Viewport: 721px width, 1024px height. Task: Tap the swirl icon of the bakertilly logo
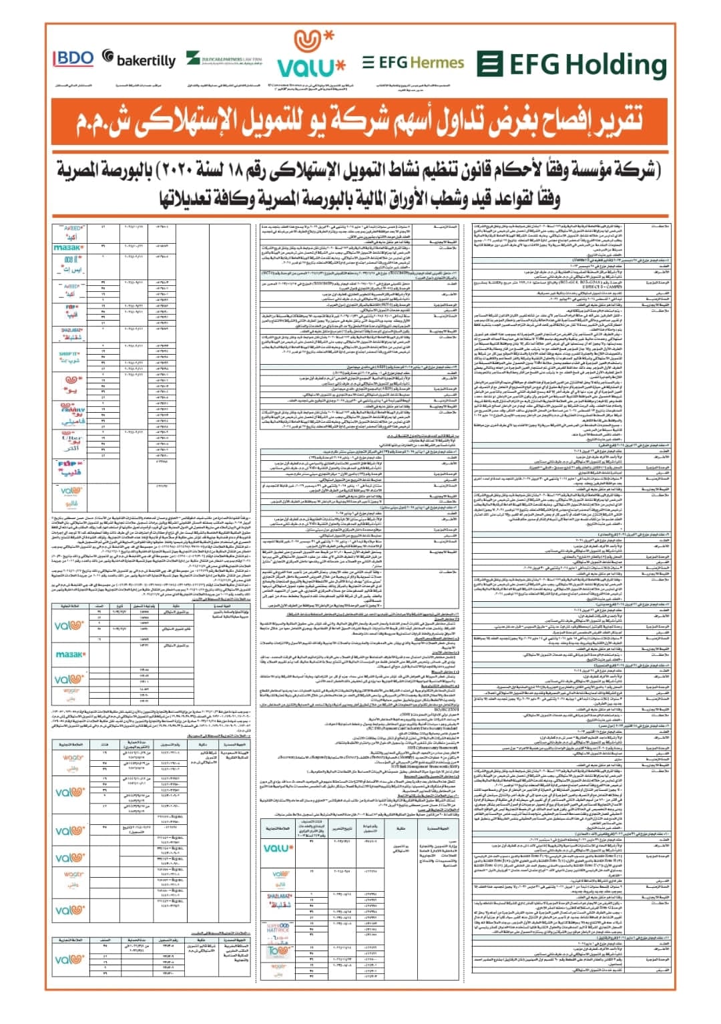[x=108, y=57]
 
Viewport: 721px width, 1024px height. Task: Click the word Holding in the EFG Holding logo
[x=614, y=65]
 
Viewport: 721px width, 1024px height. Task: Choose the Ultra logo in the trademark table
[x=72, y=443]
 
